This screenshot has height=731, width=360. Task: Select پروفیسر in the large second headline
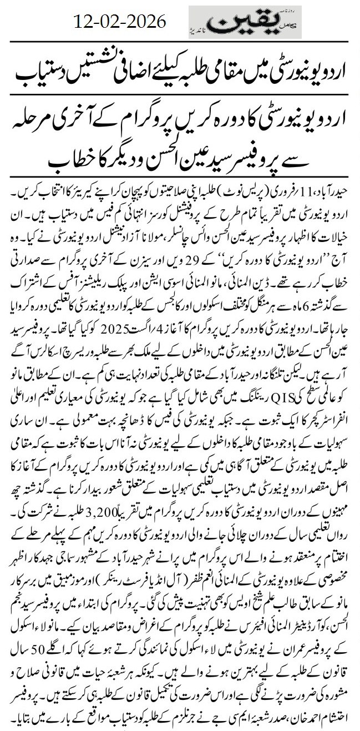point(288,159)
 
